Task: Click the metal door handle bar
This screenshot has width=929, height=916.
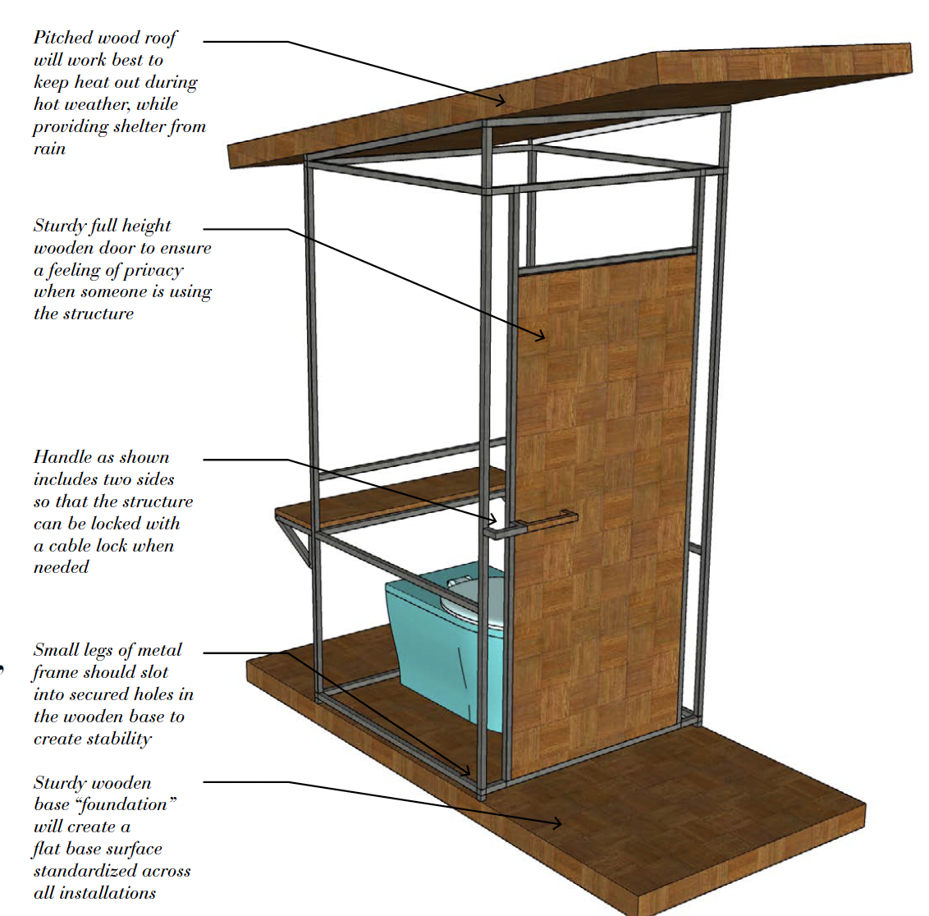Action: coord(538,522)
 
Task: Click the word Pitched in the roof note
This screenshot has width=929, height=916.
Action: coord(62,38)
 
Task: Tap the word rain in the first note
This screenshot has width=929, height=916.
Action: coord(49,149)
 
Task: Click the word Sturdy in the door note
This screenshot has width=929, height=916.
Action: coord(59,226)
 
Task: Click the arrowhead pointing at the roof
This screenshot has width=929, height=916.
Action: coord(503,102)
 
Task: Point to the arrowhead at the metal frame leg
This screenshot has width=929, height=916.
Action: coord(467,771)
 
